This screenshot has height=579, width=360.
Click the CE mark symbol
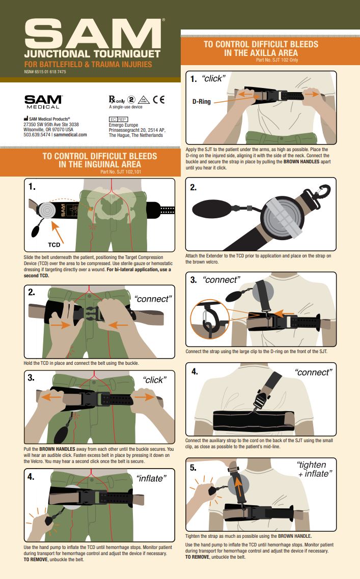point(158,99)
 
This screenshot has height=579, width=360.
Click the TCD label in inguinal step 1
point(54,244)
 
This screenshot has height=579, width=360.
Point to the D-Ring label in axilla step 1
point(202,101)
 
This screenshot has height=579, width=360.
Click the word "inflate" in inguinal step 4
point(151,478)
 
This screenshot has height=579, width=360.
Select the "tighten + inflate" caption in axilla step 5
point(314,469)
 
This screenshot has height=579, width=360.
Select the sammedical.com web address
point(70,135)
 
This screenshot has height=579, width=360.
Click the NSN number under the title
point(45,72)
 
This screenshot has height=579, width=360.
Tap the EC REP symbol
point(118,119)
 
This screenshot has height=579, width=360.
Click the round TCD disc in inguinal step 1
point(47,210)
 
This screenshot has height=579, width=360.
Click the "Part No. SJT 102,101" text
point(121,171)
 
